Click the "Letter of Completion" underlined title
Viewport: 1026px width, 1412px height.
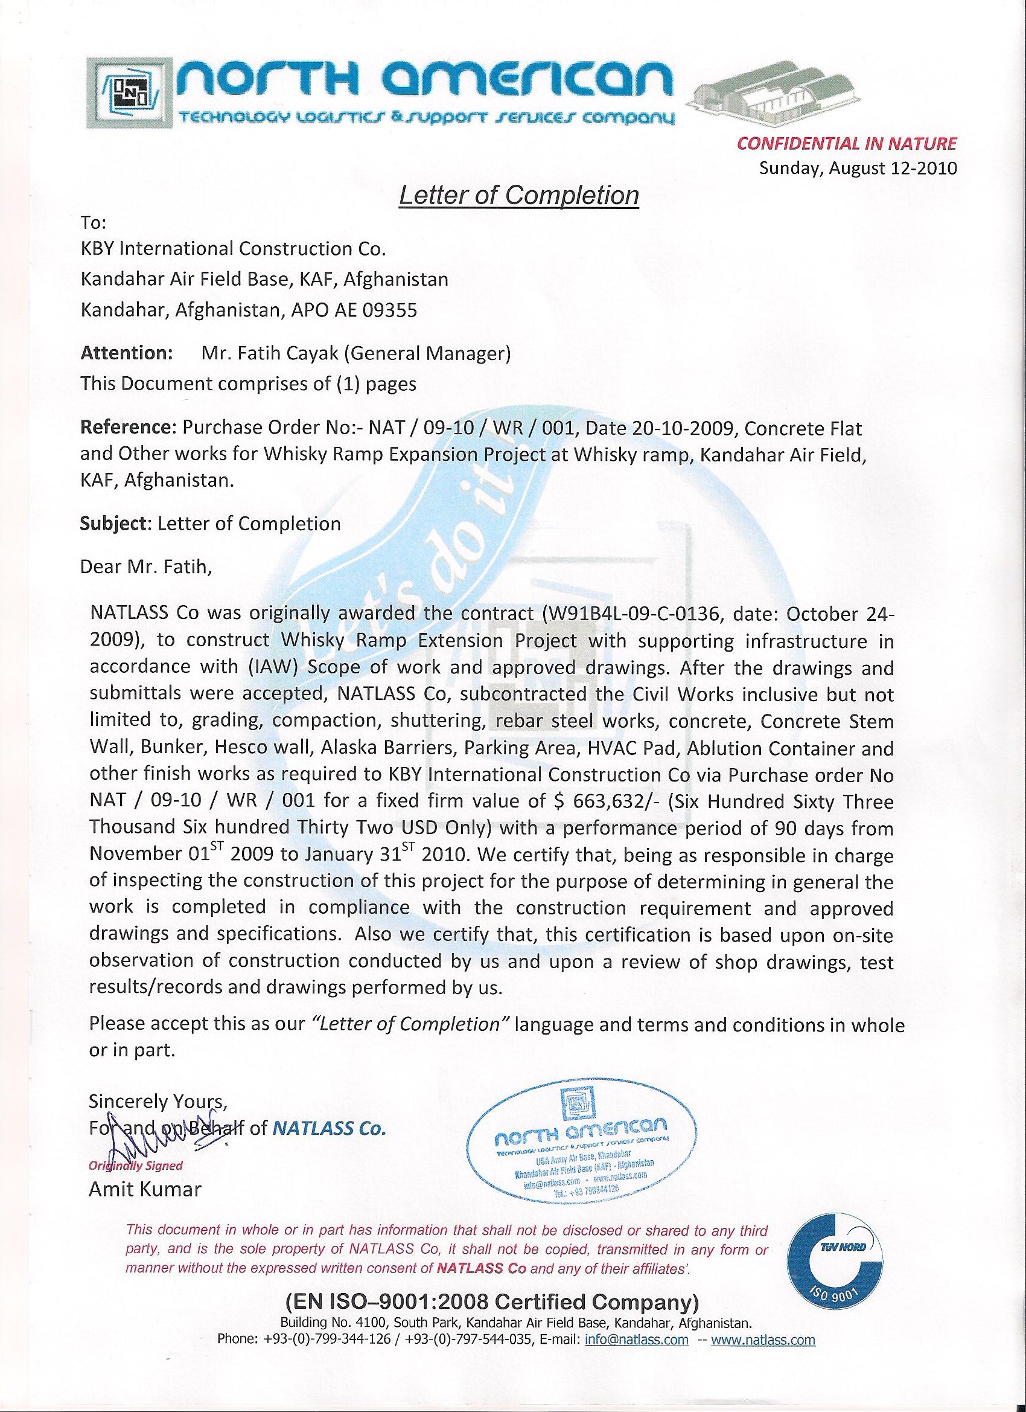pyautogui.click(x=518, y=196)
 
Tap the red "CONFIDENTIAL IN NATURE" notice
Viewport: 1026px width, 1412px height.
pyautogui.click(x=846, y=144)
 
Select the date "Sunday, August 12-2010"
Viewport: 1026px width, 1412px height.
pyautogui.click(x=858, y=168)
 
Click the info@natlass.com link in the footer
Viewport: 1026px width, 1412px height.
pyautogui.click(x=637, y=1338)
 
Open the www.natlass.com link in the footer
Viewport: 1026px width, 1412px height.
pyautogui.click(x=762, y=1338)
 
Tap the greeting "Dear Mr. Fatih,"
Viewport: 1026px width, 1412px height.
pyautogui.click(x=146, y=567)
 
